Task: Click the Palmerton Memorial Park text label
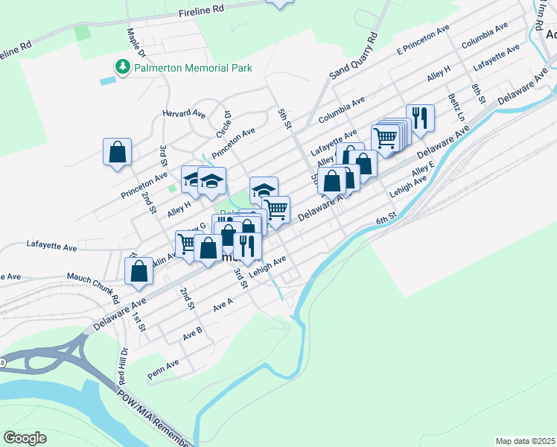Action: point(193,68)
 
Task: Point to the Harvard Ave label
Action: point(184,114)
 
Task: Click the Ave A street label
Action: point(223,304)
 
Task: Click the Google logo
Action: point(25,438)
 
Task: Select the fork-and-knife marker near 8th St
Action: point(420,118)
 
